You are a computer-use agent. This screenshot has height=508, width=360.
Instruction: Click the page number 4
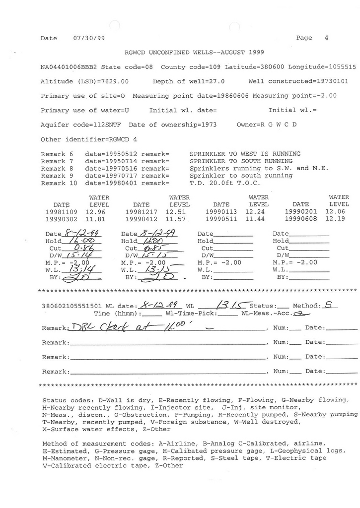[x=326, y=38]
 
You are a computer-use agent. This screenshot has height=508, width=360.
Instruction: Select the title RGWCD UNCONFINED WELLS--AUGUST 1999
[x=194, y=52]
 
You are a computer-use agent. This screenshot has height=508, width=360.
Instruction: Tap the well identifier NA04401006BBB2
[x=69, y=66]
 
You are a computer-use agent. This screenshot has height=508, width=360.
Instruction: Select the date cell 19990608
[x=301, y=219]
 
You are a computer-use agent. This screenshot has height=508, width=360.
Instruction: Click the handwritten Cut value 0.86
[x=80, y=248]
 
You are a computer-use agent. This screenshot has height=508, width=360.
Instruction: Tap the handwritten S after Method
[x=328, y=306]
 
